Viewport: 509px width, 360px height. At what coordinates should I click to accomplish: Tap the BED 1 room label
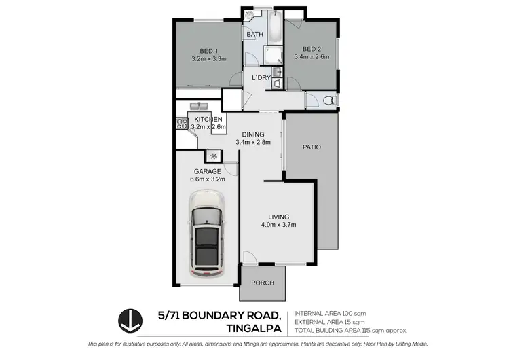208,51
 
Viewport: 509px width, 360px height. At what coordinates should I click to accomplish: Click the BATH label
254,35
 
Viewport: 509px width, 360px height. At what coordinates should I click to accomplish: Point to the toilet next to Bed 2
328,101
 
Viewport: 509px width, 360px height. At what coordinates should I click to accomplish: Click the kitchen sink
199,107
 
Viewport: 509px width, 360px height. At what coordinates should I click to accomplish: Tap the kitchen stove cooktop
182,124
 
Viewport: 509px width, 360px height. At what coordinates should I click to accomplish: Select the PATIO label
312,147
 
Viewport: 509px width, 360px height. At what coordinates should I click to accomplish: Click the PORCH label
262,283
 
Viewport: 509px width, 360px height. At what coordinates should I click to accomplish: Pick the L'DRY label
261,78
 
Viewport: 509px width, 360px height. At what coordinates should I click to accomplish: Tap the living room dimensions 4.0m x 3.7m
279,225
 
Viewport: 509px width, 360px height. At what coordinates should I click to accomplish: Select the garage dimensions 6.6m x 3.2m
207,180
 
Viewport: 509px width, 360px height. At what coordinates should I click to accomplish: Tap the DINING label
253,134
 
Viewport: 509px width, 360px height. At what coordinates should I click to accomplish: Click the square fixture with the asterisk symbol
212,154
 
